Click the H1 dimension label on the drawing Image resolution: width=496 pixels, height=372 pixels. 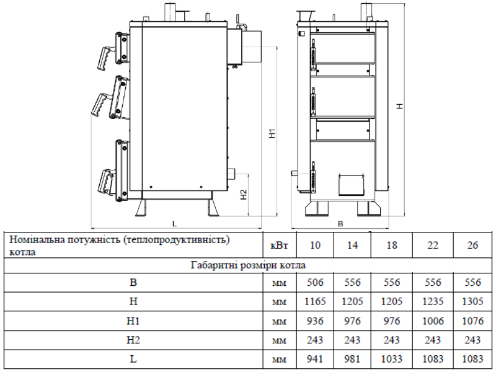[x=272, y=133]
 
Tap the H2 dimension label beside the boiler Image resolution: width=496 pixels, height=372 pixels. [x=244, y=194]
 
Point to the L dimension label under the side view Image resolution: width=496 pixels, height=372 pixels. [x=174, y=224]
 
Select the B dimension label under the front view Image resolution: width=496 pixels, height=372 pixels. [x=340, y=224]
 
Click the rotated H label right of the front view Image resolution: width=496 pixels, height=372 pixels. [x=400, y=106]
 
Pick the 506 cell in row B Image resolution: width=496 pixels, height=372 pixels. [x=315, y=282]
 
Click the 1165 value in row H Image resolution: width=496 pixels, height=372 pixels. [x=315, y=301]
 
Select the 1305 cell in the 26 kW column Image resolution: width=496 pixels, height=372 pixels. [x=472, y=301]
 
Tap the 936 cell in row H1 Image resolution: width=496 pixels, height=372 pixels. [x=315, y=321]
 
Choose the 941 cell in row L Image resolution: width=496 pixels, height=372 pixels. [x=315, y=359]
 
